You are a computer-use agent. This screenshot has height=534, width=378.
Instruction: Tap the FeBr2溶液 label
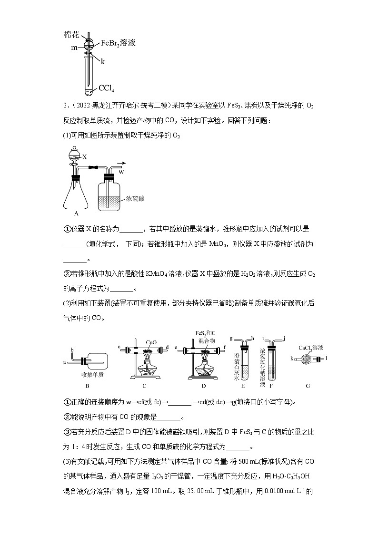click(118, 43)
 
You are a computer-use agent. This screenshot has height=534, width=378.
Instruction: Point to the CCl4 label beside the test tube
click(107, 88)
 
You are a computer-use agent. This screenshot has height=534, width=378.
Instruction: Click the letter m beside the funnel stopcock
click(74, 49)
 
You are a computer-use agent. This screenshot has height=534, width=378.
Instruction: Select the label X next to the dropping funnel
click(84, 156)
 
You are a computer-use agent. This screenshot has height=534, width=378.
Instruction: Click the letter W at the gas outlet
click(121, 172)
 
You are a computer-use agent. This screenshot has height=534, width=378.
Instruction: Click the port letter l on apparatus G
click(326, 356)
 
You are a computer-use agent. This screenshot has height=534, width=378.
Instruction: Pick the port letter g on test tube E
click(230, 339)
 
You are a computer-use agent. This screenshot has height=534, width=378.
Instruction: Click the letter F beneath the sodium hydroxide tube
click(270, 387)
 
